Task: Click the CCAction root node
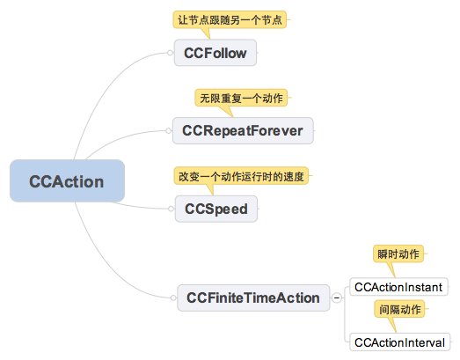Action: (x=67, y=181)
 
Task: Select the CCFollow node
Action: (x=215, y=53)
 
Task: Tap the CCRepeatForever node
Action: (x=243, y=130)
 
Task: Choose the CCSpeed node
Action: (x=216, y=209)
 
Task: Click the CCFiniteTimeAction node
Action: (x=253, y=298)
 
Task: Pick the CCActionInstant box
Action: (x=399, y=287)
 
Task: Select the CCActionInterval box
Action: (x=400, y=342)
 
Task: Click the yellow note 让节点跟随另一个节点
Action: (x=230, y=20)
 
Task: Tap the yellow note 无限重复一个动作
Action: (x=241, y=98)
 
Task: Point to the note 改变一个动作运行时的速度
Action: (x=241, y=176)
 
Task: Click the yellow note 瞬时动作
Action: (x=398, y=254)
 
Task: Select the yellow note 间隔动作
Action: (x=399, y=309)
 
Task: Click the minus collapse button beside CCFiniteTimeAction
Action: (x=337, y=298)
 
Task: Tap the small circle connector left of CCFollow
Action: (x=170, y=53)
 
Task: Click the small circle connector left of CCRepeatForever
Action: (x=169, y=130)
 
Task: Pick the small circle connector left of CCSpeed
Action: (x=171, y=209)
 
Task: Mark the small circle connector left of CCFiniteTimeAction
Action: (x=173, y=298)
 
